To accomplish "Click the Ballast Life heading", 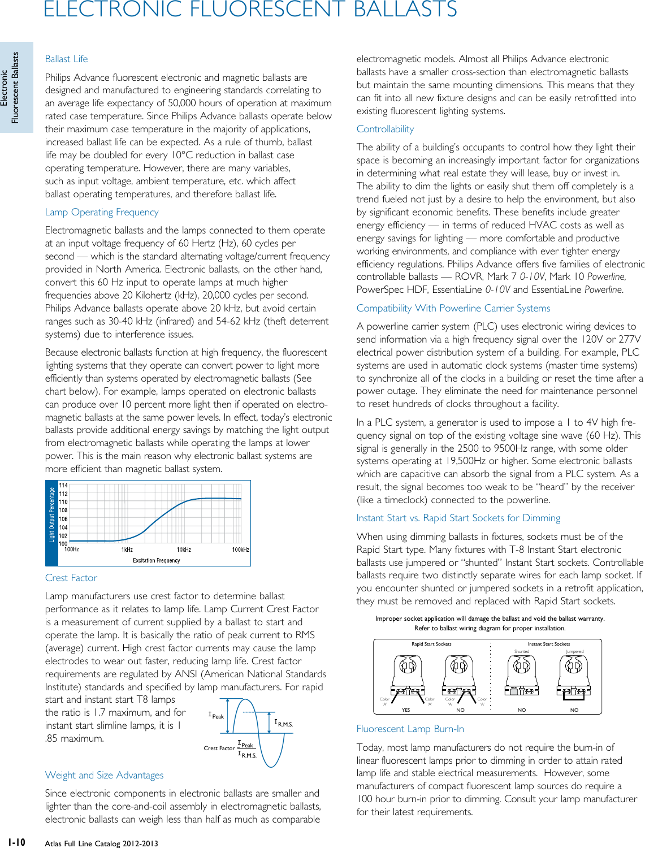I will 66,59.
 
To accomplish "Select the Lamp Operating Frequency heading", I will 102,212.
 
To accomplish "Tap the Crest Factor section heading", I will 71,578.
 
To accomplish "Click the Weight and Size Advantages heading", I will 104,775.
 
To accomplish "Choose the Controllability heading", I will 385,129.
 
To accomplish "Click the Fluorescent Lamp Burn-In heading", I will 410,729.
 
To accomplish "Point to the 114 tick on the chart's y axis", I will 63,485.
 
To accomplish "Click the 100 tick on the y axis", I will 63,543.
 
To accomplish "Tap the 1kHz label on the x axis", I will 127,550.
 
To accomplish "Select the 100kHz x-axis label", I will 240,550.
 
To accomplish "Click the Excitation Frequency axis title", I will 156,560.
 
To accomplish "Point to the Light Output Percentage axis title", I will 52,514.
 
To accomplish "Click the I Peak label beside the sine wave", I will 216,716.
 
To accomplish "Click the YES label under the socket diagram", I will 405,710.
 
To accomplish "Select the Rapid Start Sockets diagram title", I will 431,644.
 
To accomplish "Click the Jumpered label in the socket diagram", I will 574,651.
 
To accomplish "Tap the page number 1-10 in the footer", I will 16,842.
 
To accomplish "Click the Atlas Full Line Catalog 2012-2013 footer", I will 102,843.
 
